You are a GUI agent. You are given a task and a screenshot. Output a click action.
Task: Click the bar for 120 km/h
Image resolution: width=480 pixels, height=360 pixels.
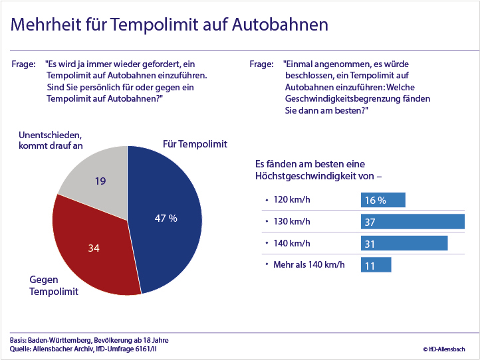pyautogui.click(x=383, y=200)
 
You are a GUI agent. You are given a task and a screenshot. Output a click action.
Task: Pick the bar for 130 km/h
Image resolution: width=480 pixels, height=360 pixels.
pyautogui.click(x=412, y=222)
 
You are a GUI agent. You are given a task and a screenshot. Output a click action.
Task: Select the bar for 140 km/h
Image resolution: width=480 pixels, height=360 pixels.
pyautogui.click(x=404, y=244)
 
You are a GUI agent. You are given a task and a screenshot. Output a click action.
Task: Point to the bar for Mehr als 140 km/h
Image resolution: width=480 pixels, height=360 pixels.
pyautogui.click(x=376, y=265)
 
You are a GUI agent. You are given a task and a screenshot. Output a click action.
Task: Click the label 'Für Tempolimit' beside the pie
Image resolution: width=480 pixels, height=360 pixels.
pyautogui.click(x=195, y=144)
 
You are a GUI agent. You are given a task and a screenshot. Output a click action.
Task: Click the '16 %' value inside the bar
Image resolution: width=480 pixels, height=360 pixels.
pyautogui.click(x=376, y=200)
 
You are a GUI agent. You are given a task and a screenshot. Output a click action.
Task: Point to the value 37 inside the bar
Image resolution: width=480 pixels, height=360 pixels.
pyautogui.click(x=370, y=222)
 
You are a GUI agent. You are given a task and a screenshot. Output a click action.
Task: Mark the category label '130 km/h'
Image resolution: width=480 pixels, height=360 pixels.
pyautogui.click(x=292, y=221)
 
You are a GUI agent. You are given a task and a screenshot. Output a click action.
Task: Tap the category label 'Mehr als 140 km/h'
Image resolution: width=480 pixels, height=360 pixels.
pyautogui.click(x=308, y=265)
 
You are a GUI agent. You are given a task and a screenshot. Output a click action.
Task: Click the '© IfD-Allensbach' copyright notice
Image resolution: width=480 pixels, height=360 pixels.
pyautogui.click(x=444, y=349)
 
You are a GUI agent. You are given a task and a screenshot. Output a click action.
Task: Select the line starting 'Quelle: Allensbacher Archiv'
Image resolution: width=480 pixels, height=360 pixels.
pyautogui.click(x=84, y=349)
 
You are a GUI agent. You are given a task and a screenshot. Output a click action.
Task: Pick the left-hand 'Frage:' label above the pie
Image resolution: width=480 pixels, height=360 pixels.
pyautogui.click(x=24, y=64)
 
